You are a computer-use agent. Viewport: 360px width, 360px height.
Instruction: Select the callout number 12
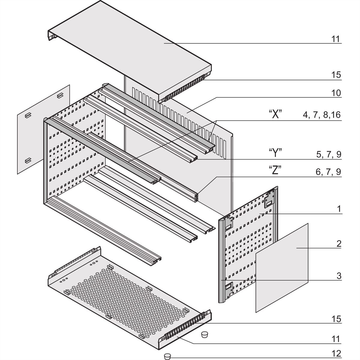[336, 354]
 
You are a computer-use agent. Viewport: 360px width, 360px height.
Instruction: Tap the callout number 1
[339, 209]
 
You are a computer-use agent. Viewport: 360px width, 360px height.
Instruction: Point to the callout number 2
[338, 244]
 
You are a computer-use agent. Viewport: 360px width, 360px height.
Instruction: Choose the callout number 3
[338, 276]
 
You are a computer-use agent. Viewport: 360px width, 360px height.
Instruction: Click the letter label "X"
[275, 115]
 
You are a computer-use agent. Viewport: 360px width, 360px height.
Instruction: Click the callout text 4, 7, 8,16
[321, 115]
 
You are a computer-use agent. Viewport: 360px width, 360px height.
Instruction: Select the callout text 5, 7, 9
[328, 154]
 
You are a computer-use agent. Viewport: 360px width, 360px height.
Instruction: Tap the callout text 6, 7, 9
[328, 172]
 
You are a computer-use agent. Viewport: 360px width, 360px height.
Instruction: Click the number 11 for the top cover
[336, 39]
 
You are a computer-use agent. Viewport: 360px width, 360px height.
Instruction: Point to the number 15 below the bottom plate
[336, 319]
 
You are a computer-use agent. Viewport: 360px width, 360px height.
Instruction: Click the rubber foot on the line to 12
[167, 356]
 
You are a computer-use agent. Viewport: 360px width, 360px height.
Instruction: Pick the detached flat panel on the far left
[43, 129]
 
